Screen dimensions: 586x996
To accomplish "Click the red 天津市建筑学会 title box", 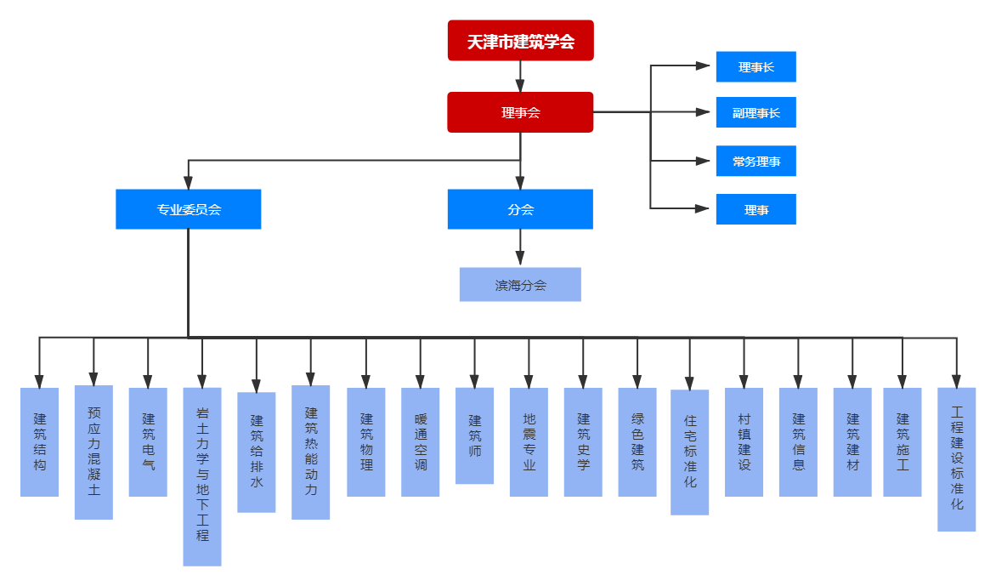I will (520, 41).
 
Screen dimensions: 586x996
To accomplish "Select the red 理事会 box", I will (520, 112).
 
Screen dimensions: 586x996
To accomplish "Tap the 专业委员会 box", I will (188, 209).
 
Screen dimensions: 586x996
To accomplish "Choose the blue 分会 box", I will (520, 209).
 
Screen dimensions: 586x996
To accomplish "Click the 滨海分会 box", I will (520, 285).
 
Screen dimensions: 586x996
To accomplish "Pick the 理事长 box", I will (755, 67).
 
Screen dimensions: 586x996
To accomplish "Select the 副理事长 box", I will (755, 112).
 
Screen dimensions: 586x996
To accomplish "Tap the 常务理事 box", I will (755, 161).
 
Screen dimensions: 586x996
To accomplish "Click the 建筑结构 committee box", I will (40, 442).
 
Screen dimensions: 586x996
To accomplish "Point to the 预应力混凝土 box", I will (93, 452).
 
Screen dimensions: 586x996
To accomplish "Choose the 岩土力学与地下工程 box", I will (202, 476).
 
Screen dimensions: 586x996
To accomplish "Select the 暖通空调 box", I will (421, 442).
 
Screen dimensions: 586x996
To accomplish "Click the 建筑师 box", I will (475, 435).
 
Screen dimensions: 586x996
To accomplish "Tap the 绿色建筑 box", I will (637, 442).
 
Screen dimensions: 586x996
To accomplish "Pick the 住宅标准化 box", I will (690, 452).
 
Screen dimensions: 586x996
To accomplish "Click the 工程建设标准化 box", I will (957, 458).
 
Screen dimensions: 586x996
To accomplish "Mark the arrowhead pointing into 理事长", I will (703, 66).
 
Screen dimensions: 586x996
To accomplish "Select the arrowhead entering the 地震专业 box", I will (529, 380).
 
